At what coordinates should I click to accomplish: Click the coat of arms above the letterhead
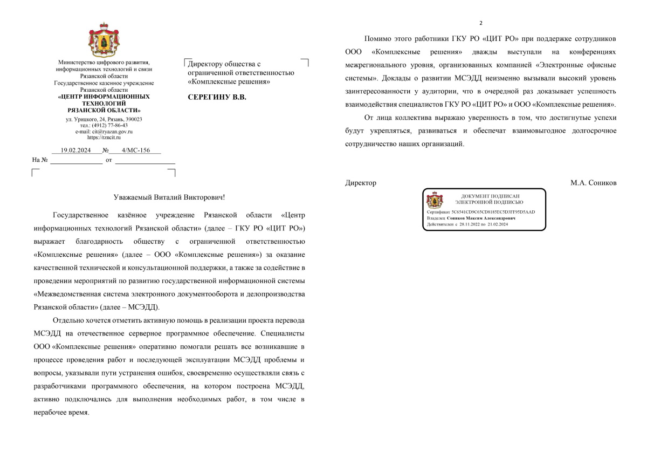click(x=104, y=40)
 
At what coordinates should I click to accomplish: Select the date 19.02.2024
click(x=76, y=151)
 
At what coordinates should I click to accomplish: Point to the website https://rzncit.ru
click(x=104, y=138)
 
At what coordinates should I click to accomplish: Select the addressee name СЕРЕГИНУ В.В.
click(x=217, y=98)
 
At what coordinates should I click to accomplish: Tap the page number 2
click(x=481, y=23)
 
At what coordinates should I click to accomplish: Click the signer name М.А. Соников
click(x=593, y=183)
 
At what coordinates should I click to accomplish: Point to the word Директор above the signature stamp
click(x=361, y=183)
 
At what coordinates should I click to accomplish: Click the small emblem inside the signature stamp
click(x=434, y=200)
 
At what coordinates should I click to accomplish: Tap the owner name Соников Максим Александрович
click(x=481, y=218)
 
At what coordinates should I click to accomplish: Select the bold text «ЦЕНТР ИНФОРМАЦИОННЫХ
click(x=104, y=97)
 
